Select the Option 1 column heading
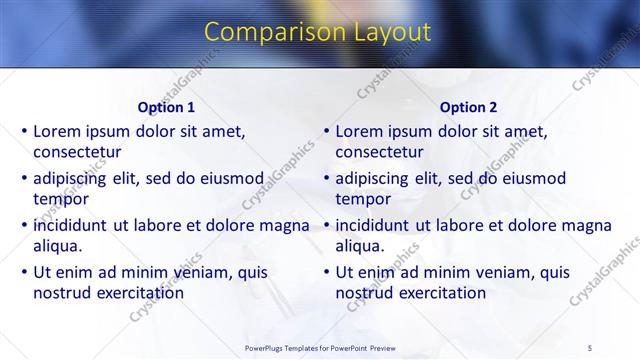click(x=166, y=107)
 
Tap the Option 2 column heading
click(x=468, y=107)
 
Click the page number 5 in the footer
click(x=590, y=347)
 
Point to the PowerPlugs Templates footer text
click(x=319, y=347)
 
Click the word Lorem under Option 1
click(x=57, y=131)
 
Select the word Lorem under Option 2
click(x=359, y=131)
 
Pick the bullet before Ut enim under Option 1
click(x=24, y=272)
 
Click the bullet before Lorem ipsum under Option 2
click(x=326, y=131)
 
